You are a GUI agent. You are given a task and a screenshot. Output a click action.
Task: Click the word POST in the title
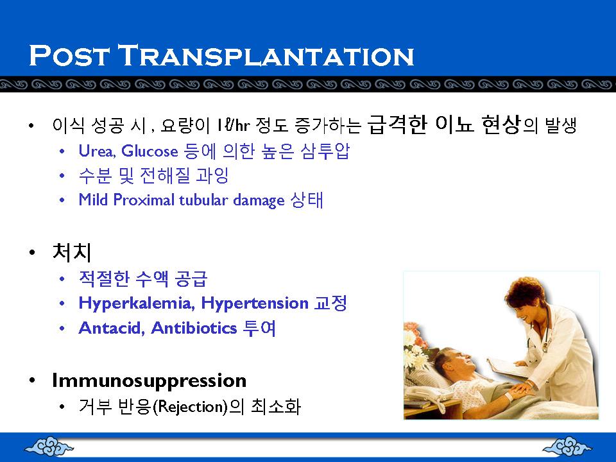click(69, 55)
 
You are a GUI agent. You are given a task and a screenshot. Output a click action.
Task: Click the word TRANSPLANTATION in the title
click(266, 55)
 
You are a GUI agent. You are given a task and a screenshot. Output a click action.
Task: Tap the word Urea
click(96, 151)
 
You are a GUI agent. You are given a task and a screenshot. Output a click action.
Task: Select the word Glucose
click(150, 151)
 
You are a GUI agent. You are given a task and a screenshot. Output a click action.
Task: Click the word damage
click(259, 201)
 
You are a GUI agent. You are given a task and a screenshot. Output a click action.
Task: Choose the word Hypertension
click(255, 304)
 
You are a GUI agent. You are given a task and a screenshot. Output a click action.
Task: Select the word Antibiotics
click(194, 328)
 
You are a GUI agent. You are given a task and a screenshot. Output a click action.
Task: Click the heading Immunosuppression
click(150, 381)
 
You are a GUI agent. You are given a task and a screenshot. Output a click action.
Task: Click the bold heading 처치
click(71, 252)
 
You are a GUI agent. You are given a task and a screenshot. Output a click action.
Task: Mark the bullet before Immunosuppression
click(32, 381)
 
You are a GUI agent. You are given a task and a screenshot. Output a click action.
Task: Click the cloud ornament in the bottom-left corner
click(49, 447)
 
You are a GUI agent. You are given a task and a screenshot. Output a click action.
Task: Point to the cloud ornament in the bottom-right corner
click(567, 447)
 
